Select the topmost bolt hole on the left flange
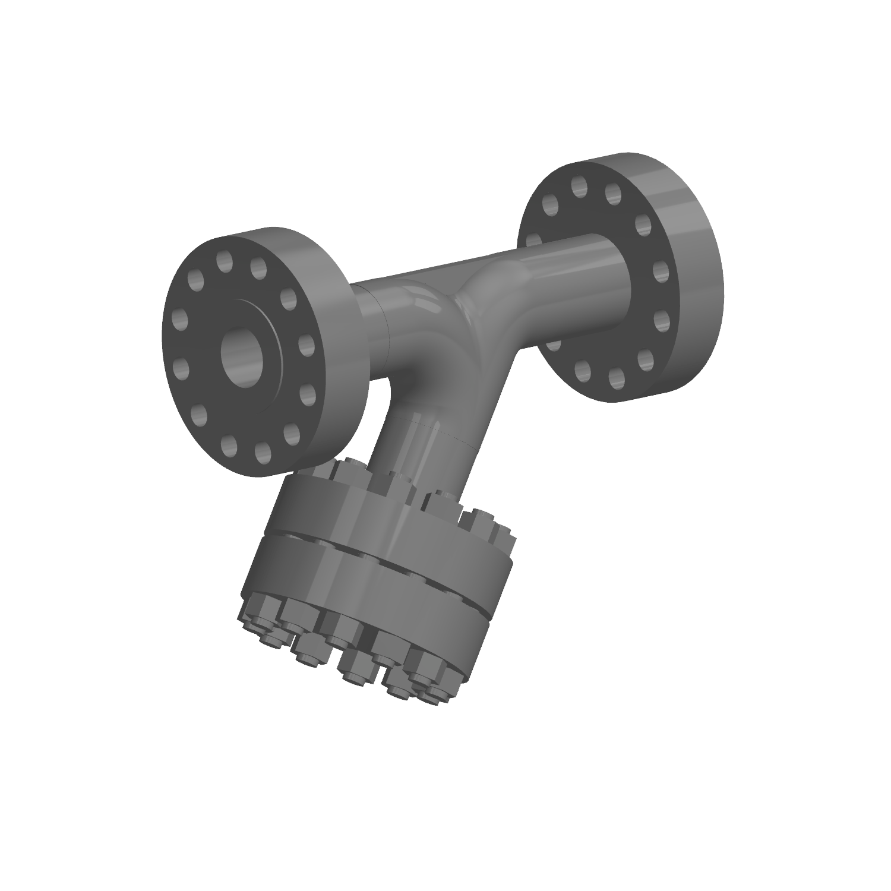224,261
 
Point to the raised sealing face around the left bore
271,333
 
